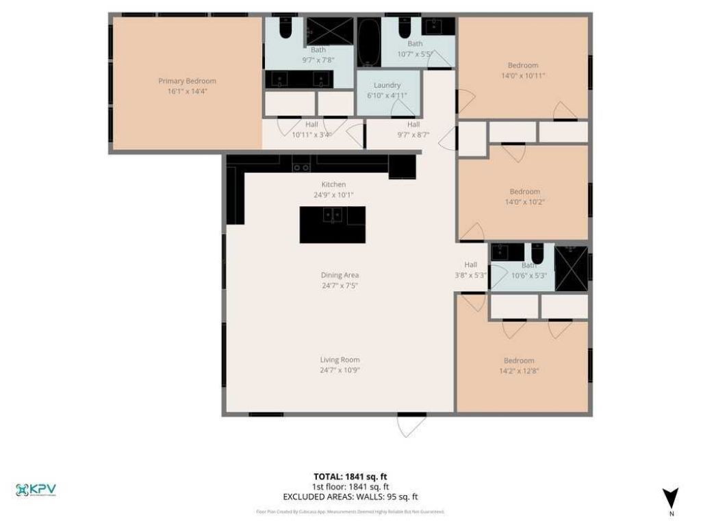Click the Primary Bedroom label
[187, 81]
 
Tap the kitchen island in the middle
[332, 225]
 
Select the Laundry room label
[387, 86]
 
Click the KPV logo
[36, 490]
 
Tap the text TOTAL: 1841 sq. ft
[350, 477]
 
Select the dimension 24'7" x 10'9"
[340, 370]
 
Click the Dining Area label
[340, 275]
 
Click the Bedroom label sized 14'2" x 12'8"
[519, 360]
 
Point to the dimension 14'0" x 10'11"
[523, 75]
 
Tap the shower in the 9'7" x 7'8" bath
[329, 32]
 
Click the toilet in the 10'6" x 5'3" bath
[538, 253]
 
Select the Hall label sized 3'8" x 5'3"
[471, 265]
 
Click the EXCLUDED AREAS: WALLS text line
[350, 497]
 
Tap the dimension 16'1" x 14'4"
[187, 91]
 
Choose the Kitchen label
[333, 184]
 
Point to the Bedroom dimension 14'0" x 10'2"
[524, 202]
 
